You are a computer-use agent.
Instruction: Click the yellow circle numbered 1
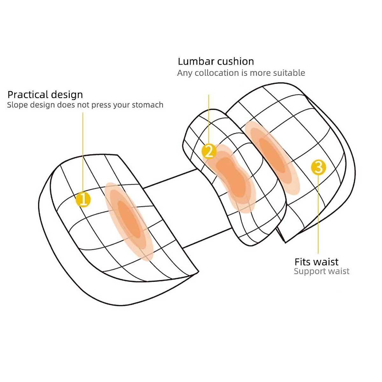click(x=83, y=200)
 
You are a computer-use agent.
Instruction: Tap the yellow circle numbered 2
click(x=209, y=151)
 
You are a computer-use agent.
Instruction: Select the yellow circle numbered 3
click(x=318, y=167)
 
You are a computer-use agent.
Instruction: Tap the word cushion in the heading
click(x=236, y=61)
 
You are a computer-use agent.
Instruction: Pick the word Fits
click(x=302, y=262)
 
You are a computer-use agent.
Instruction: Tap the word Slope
click(x=17, y=105)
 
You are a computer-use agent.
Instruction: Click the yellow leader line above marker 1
click(x=83, y=153)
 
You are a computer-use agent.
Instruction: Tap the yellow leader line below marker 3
click(x=318, y=216)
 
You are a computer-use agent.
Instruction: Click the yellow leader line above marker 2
click(x=209, y=118)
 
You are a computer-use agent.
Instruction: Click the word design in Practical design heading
click(x=67, y=95)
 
